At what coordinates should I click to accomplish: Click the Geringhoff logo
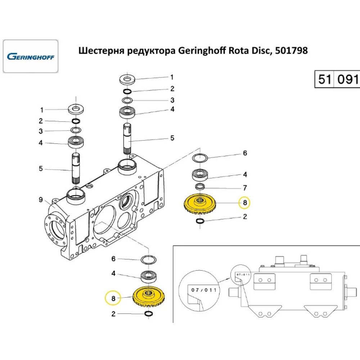(31, 57)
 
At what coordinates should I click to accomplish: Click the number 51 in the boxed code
(324, 79)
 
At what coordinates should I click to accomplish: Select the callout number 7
(245, 188)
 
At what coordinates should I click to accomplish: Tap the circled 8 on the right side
(245, 203)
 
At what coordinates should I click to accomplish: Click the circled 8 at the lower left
(113, 298)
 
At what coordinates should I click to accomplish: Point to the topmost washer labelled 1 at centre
(127, 77)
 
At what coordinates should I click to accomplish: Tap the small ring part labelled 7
(200, 186)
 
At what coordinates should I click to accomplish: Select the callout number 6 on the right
(245, 153)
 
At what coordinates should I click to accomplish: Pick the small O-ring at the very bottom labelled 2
(148, 314)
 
